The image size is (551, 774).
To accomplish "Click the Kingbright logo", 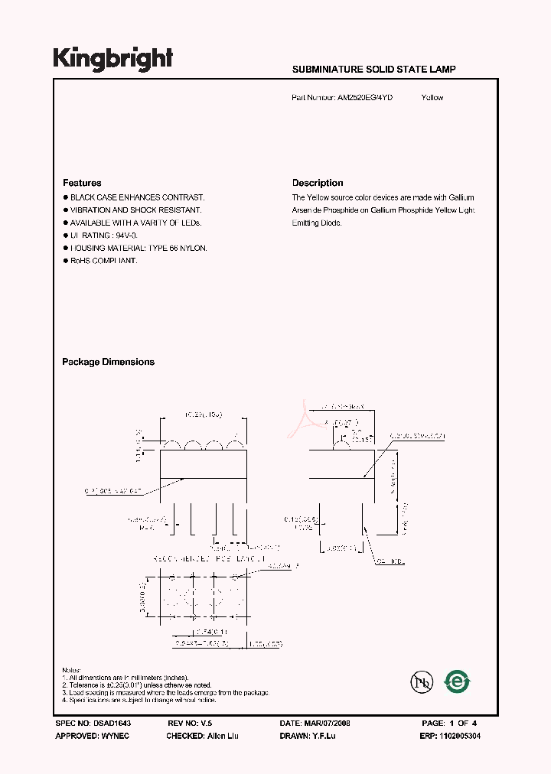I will pyautogui.click(x=113, y=60).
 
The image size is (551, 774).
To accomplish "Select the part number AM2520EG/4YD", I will pyautogui.click(x=364, y=98).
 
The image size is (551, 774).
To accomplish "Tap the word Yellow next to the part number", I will pyautogui.click(x=432, y=98).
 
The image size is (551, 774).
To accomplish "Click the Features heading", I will pyautogui.click(x=82, y=184).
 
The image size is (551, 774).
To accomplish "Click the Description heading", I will pyautogui.click(x=318, y=184).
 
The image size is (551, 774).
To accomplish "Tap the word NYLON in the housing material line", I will pyautogui.click(x=194, y=249).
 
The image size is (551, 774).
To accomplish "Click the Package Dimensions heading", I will pyautogui.click(x=108, y=363).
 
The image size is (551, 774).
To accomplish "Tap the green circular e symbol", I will pyautogui.click(x=458, y=681).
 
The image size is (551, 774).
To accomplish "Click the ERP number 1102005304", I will pyautogui.click(x=461, y=736).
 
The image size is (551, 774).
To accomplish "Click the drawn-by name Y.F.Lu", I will pyautogui.click(x=323, y=736).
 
